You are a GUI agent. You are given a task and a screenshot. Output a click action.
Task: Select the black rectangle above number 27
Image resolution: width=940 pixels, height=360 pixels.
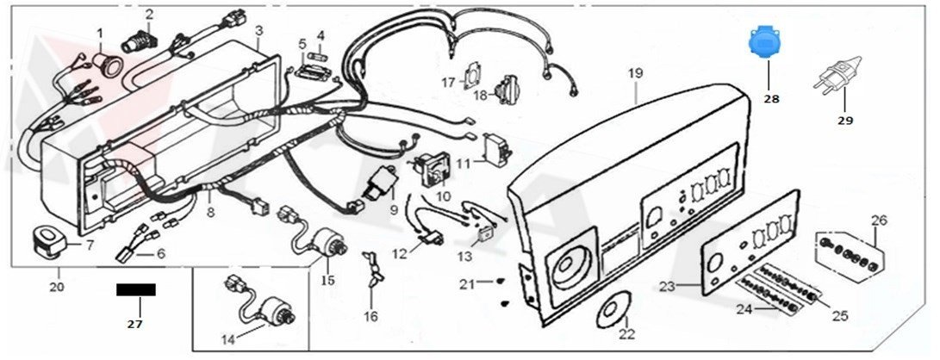click(x=135, y=289)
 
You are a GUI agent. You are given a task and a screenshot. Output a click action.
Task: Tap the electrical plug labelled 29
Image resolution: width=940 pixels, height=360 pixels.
click(x=834, y=80)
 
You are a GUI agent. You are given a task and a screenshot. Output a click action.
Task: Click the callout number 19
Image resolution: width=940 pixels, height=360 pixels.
click(x=635, y=74)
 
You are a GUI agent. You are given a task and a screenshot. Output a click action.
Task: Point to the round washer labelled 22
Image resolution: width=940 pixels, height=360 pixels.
click(x=618, y=308)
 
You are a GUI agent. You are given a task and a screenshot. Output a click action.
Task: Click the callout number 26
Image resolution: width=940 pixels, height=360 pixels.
click(x=878, y=220)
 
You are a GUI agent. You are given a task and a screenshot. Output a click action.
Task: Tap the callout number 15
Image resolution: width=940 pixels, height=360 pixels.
click(x=327, y=281)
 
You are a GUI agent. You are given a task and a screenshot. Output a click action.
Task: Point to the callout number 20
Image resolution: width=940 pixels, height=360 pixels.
click(x=58, y=286)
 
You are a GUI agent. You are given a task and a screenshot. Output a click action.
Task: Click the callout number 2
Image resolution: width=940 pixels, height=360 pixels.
click(x=149, y=14)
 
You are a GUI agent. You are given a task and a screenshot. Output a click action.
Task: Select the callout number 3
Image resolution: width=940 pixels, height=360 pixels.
click(x=258, y=31)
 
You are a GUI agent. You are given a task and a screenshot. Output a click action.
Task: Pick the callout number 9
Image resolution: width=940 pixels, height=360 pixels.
click(x=394, y=209)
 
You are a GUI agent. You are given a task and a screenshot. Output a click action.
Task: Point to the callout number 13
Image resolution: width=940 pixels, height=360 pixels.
click(x=465, y=258)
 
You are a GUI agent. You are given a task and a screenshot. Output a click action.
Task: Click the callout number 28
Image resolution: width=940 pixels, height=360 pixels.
click(x=771, y=100)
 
